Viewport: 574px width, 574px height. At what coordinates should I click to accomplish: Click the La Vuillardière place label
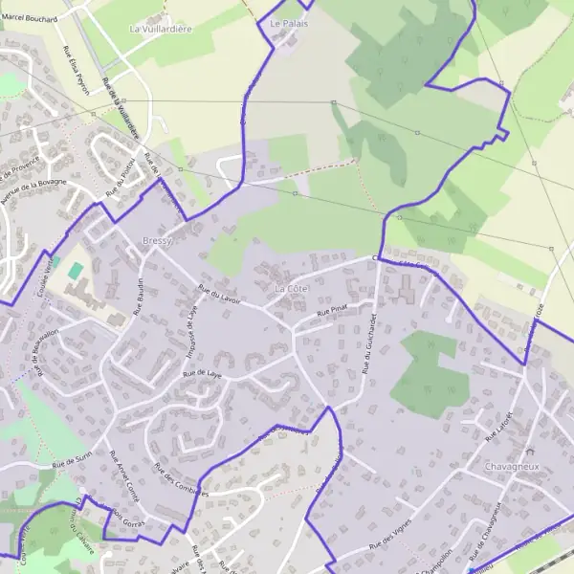(161, 29)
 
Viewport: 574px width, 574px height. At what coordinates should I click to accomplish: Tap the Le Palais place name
(289, 23)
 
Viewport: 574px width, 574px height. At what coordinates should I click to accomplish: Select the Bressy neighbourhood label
(156, 241)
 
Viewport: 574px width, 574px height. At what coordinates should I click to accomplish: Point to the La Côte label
(293, 288)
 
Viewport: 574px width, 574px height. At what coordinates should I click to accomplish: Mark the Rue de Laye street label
(202, 375)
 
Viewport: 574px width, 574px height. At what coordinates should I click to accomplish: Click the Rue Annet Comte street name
(124, 471)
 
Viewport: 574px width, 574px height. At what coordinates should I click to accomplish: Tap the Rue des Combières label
(178, 476)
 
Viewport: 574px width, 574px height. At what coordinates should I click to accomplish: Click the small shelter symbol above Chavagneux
(530, 450)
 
